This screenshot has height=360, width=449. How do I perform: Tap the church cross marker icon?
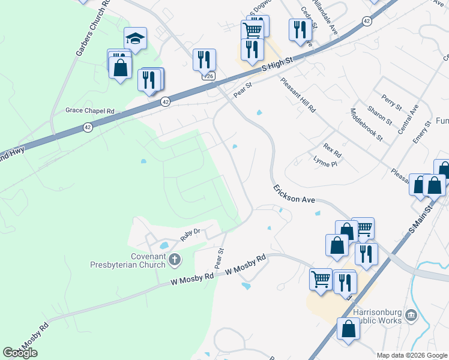coord(175,260)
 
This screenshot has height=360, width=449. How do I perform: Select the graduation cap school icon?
coord(135,40)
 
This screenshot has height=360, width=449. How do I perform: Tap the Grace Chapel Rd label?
coord(90,111)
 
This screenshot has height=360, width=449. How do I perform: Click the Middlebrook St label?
coord(367,124)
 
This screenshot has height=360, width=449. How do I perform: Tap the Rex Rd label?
coord(332,146)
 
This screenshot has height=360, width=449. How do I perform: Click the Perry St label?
coord(391,102)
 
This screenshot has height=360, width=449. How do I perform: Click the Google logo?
coord(20,353)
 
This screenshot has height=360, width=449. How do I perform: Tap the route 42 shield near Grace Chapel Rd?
coord(88,127)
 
